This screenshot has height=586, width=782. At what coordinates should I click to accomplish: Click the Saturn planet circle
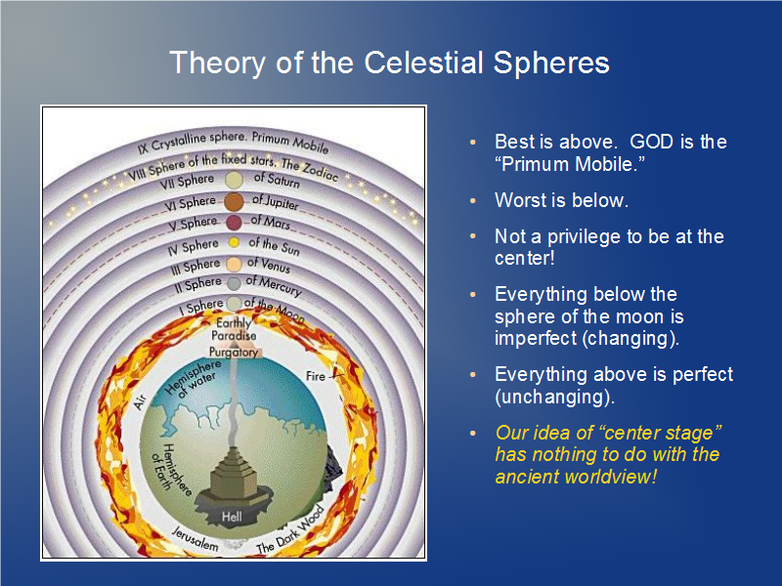(x=234, y=180)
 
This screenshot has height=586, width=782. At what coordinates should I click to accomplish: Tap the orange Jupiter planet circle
(x=234, y=202)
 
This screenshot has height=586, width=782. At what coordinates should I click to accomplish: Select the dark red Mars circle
(x=234, y=223)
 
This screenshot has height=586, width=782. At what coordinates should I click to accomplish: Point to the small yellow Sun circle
(x=234, y=242)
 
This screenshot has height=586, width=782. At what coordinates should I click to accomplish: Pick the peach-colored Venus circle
(x=234, y=264)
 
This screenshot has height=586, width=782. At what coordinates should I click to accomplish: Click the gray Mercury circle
(x=234, y=283)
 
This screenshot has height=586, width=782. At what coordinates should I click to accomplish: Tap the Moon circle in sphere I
(x=234, y=303)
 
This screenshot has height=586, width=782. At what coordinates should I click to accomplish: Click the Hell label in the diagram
(x=232, y=517)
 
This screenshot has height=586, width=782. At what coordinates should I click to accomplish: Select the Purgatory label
(x=234, y=353)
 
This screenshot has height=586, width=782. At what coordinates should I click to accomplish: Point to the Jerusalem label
(x=195, y=539)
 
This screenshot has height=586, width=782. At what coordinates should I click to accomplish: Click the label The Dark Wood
(x=289, y=530)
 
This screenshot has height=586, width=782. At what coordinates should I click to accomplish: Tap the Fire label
(x=315, y=376)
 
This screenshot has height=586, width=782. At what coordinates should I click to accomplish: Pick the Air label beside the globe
(x=140, y=401)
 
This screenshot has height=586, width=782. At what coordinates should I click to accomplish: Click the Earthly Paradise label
(x=234, y=329)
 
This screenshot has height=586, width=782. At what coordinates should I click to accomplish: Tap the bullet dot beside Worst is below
(x=473, y=201)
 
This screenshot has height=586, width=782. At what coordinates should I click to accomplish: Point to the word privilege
(x=588, y=236)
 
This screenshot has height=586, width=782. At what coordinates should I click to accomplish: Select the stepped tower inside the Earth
(x=234, y=473)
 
